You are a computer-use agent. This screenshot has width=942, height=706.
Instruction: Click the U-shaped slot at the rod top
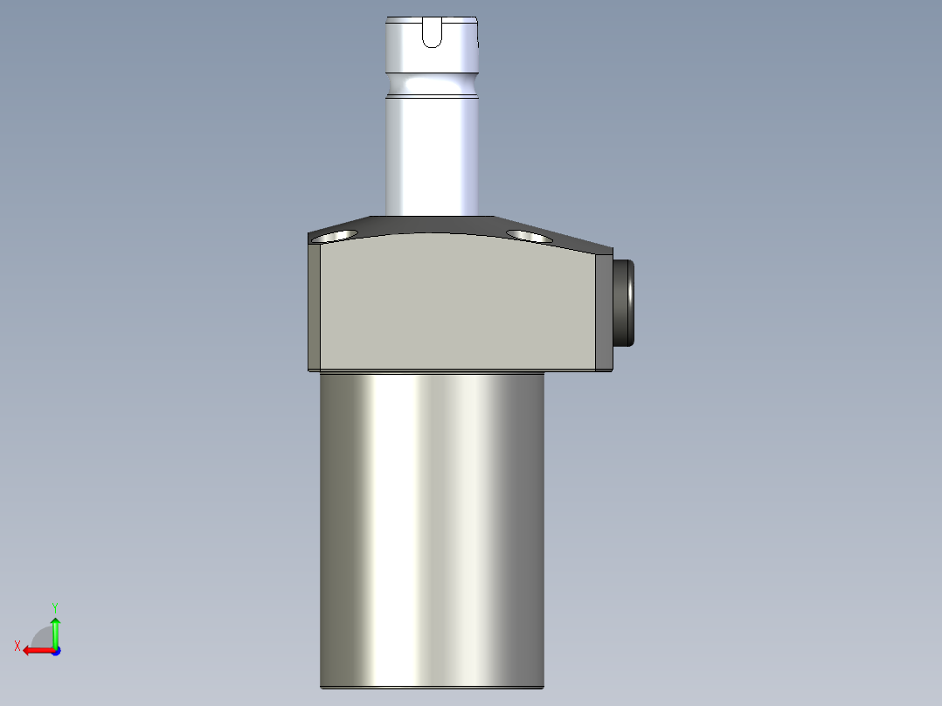[433, 32]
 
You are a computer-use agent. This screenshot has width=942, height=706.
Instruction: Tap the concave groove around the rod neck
[433, 85]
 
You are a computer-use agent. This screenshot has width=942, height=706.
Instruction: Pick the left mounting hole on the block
[336, 236]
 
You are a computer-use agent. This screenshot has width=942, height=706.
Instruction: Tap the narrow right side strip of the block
[603, 310]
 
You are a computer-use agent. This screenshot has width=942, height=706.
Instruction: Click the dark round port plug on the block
[624, 301]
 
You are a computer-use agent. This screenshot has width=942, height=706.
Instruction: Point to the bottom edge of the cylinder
[433, 687]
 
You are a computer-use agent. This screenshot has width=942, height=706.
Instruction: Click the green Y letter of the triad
[54, 606]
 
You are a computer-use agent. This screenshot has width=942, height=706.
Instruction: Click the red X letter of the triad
[17, 646]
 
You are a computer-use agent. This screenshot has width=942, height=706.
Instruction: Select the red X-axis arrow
[37, 650]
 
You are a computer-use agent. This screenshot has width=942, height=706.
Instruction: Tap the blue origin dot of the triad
[55, 650]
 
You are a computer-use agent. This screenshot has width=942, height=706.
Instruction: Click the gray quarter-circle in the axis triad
[42, 638]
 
